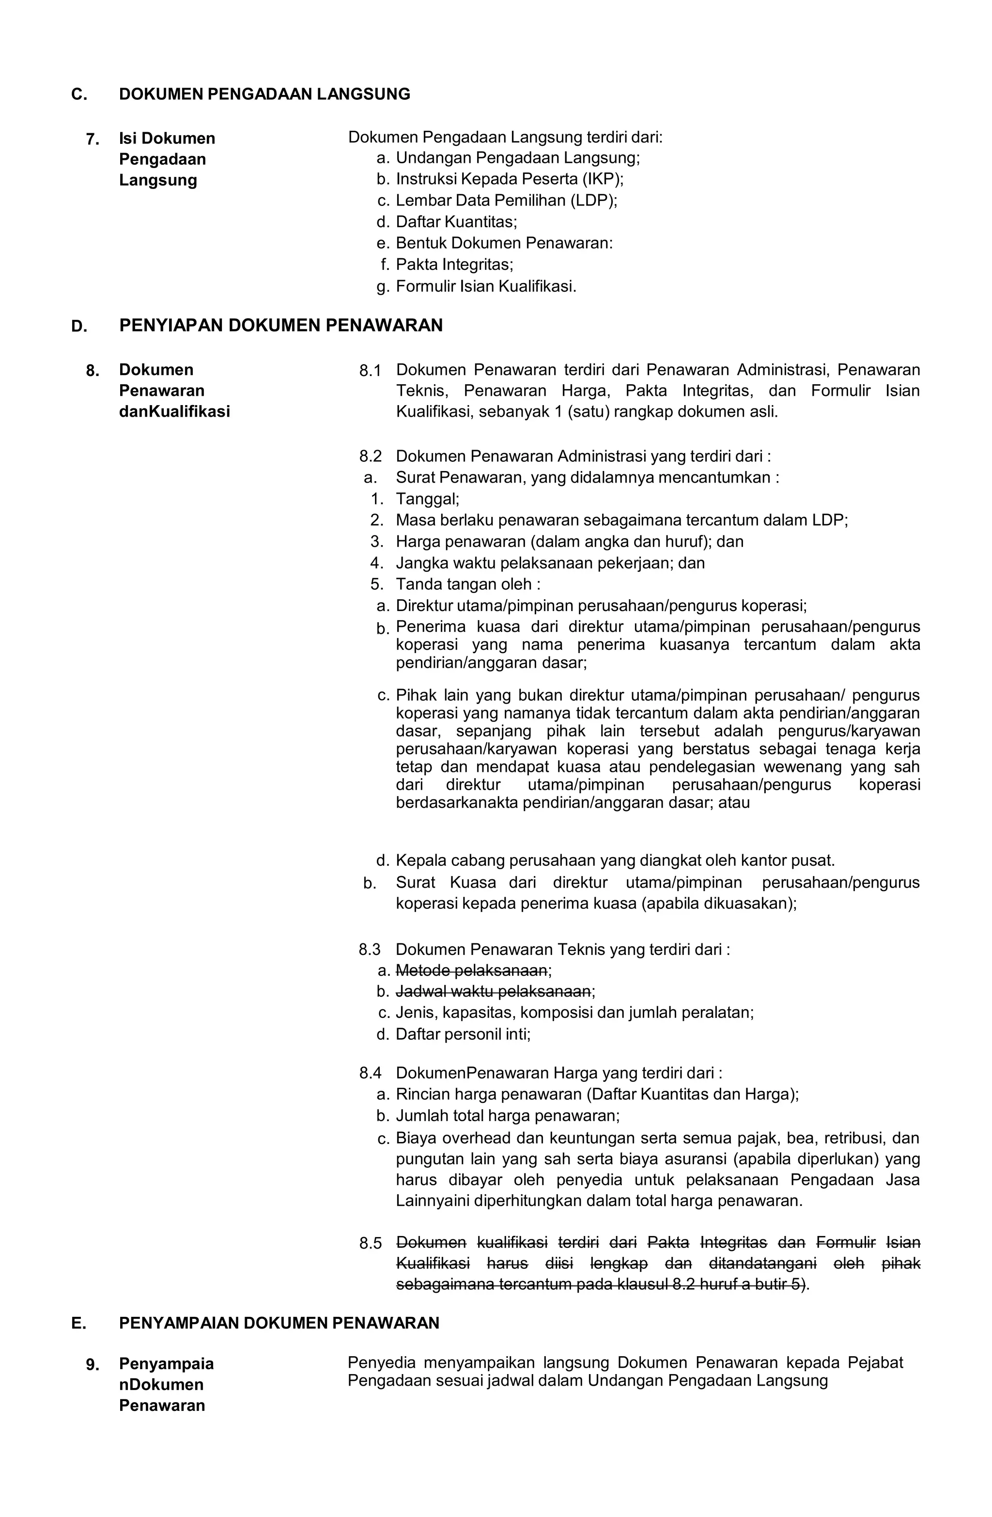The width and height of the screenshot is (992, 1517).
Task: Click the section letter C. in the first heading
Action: pyautogui.click(x=79, y=94)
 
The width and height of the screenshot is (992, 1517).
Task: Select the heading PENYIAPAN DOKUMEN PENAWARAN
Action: pyautogui.click(x=280, y=325)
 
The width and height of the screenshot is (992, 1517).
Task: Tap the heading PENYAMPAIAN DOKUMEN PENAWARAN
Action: pyautogui.click(x=279, y=1323)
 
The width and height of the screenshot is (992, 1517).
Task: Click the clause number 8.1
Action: pyautogui.click(x=370, y=370)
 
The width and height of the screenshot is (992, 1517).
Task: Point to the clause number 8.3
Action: pyautogui.click(x=370, y=949)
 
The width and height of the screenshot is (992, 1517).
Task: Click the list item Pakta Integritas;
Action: pyautogui.click(x=454, y=264)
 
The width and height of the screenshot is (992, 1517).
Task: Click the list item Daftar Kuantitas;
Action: pyautogui.click(x=456, y=222)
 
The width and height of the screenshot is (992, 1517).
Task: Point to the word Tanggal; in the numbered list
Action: pyautogui.click(x=428, y=499)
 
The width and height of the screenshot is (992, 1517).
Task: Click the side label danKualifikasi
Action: pyautogui.click(x=174, y=411)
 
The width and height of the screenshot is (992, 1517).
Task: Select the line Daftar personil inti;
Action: pyautogui.click(x=463, y=1034)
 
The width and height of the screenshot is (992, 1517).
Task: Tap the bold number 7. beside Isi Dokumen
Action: pyautogui.click(x=93, y=139)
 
